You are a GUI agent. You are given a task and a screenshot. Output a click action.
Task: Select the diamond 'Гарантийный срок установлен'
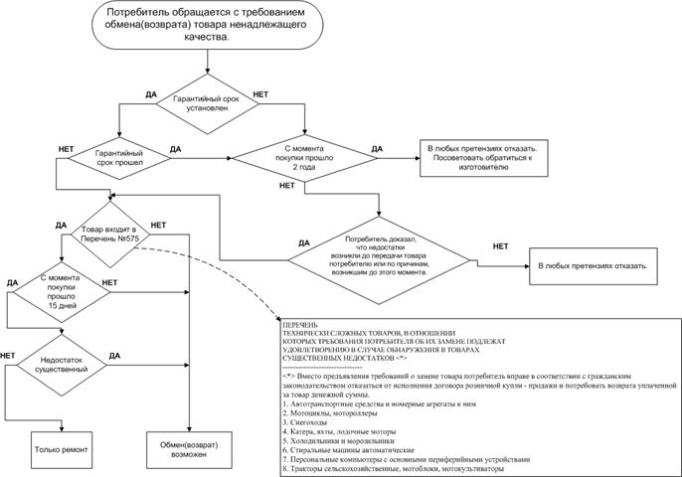click(207, 104)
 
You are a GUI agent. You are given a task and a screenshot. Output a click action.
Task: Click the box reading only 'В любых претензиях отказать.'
click(593, 267)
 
